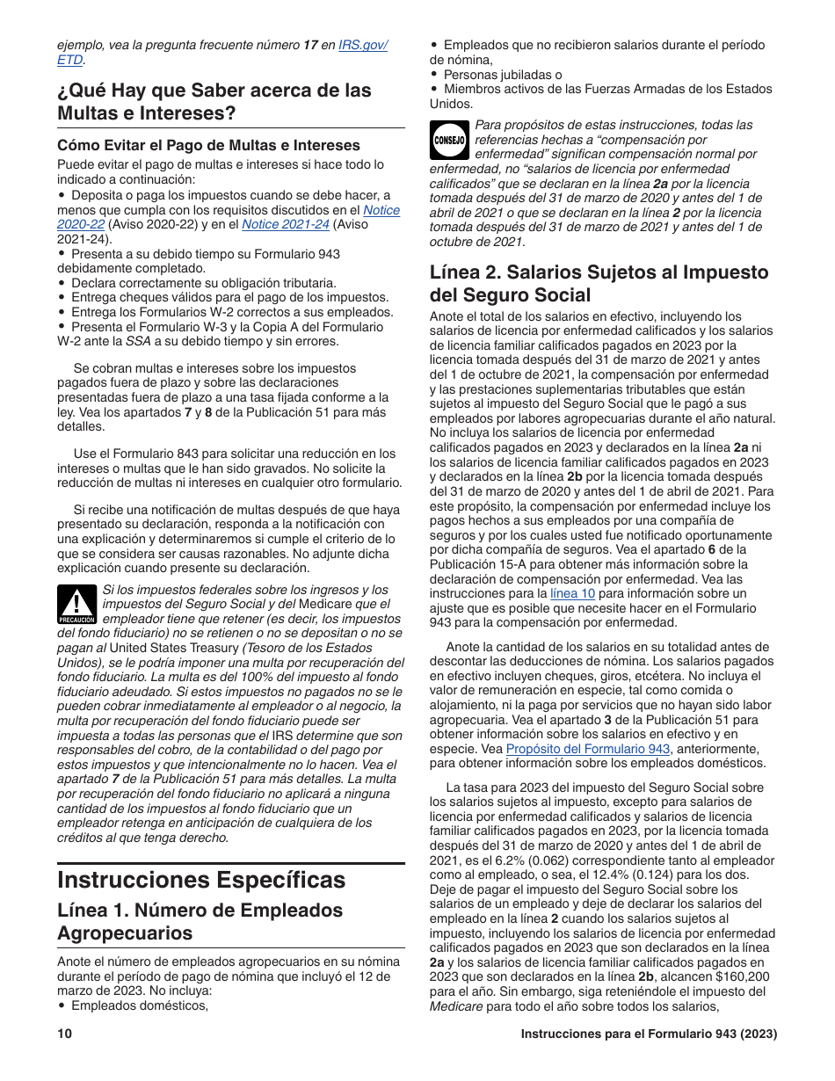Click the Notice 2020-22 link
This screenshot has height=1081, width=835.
[x=381, y=210]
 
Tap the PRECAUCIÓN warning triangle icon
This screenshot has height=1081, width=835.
[x=77, y=605]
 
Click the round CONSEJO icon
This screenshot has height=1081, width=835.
[x=449, y=140]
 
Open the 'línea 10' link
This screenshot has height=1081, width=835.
[x=572, y=593]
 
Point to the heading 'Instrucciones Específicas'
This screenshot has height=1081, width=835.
[x=201, y=880]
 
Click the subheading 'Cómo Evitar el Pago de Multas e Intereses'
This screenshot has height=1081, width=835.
[x=208, y=145]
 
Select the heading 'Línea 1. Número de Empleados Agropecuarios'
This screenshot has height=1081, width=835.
[x=200, y=921]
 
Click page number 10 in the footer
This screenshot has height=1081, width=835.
[x=64, y=1034]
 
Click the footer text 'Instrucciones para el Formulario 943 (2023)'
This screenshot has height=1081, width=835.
[x=649, y=1034]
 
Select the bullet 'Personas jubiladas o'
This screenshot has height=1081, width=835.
[x=502, y=75]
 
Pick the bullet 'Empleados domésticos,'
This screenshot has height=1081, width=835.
[x=139, y=1005]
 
